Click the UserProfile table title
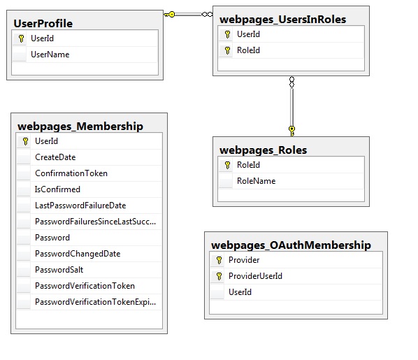coord(43,24)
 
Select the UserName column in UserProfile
coord(50,55)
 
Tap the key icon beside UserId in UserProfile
coord(22,38)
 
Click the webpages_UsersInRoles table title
coord(282,20)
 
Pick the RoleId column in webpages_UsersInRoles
coord(248,50)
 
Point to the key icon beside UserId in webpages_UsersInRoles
coord(227,34)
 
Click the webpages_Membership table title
coord(80,127)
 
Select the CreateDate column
coord(55,157)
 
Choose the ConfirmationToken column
coord(71,173)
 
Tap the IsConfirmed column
coord(57,189)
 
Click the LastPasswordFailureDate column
coord(80,206)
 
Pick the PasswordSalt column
coord(59,270)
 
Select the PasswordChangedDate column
coord(78,254)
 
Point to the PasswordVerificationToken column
coord(85,286)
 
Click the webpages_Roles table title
coord(263,150)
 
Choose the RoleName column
coord(257,181)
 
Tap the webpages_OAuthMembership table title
coord(291,245)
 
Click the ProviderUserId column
coord(255,276)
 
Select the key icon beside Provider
coord(219,260)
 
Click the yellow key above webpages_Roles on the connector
coord(292,131)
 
